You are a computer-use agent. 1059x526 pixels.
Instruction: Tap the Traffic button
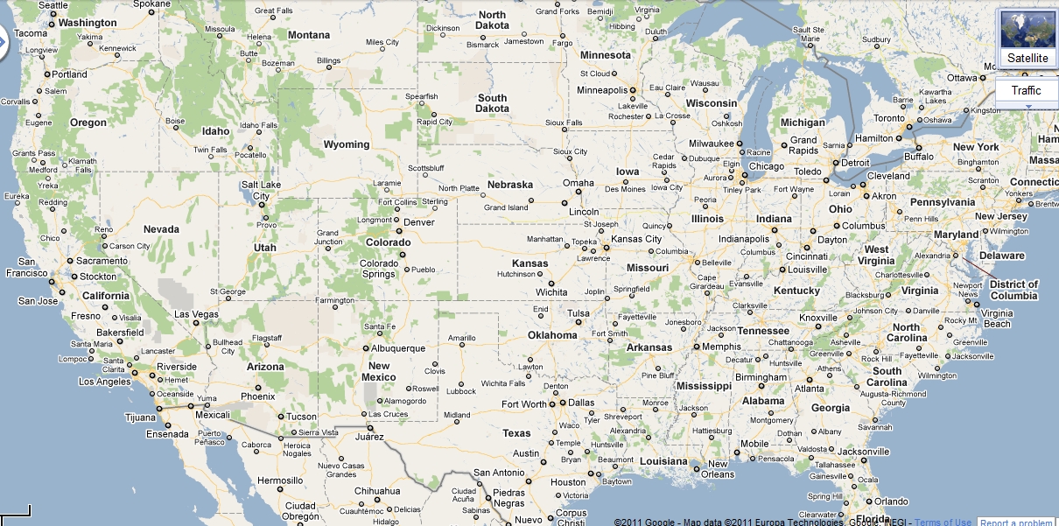point(1026,90)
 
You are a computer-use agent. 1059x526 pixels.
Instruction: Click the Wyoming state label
point(347,144)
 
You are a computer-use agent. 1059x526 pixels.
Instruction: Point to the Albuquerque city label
point(398,348)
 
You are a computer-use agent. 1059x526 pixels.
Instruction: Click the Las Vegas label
point(196,314)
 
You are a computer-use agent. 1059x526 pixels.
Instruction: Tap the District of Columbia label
point(1013,290)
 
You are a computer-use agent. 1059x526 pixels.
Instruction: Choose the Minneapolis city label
point(602,90)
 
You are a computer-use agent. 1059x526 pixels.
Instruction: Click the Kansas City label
point(636,239)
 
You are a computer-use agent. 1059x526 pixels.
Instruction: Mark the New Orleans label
point(718,469)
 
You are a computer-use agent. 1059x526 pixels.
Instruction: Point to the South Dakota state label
point(492,103)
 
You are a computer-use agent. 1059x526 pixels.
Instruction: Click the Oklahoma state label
point(552,335)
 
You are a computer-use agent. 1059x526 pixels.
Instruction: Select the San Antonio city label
point(499,473)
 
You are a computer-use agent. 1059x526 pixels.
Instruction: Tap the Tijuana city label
point(140,417)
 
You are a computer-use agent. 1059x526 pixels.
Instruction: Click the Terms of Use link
point(943,522)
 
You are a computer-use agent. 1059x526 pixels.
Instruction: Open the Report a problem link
point(1016,522)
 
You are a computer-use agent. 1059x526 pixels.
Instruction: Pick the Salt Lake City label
point(261,190)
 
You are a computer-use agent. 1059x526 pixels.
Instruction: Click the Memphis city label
point(722,347)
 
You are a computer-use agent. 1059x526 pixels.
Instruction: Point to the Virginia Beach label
point(996,319)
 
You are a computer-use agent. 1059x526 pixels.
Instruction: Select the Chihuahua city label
point(377,491)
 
